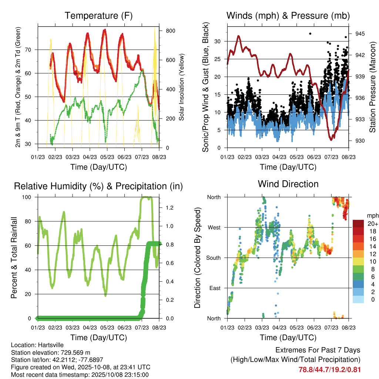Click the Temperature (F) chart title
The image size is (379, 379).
pyautogui.click(x=98, y=16)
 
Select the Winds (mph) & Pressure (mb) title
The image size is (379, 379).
pyautogui.click(x=288, y=16)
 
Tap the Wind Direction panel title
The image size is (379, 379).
pyautogui.click(x=288, y=184)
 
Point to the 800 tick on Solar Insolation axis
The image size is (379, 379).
pyautogui.click(x=170, y=31)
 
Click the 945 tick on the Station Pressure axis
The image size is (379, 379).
pyautogui.click(x=360, y=34)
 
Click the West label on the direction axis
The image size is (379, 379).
pyautogui.click(x=214, y=227)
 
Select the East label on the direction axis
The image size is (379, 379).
pyautogui.click(x=215, y=288)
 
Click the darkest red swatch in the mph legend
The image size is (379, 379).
pyautogui.click(x=358, y=224)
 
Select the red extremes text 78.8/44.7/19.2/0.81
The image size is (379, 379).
pyautogui.click(x=329, y=369)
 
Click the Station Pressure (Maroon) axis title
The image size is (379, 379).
pyautogui.click(x=373, y=86)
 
